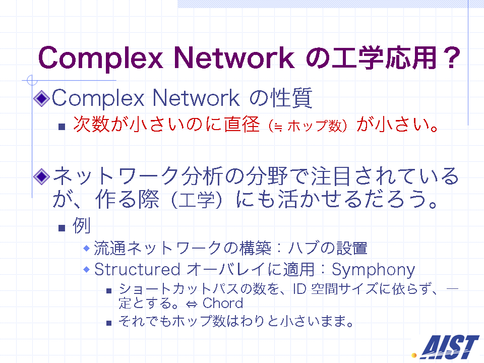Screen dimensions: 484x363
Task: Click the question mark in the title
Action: point(451,57)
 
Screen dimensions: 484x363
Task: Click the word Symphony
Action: point(373,270)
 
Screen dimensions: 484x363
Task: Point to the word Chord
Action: point(223,304)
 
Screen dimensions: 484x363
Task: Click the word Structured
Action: point(137,269)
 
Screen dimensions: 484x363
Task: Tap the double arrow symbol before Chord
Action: point(192,305)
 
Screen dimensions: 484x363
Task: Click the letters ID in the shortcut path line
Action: point(299,289)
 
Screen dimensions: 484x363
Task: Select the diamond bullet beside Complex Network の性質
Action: point(41,99)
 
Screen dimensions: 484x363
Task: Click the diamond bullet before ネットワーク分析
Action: point(41,176)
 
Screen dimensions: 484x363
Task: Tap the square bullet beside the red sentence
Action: point(62,127)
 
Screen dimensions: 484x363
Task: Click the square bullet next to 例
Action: point(62,228)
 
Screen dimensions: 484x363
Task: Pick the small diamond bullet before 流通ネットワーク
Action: point(87,249)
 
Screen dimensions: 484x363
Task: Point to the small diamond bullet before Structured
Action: point(87,270)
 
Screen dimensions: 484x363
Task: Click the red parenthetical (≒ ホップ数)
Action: point(308,126)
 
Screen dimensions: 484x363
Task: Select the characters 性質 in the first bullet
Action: point(291,98)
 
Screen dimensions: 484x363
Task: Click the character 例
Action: point(81,226)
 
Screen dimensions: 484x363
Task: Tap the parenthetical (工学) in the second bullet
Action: point(196,200)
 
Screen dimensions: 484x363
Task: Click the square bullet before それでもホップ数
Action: point(109,323)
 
